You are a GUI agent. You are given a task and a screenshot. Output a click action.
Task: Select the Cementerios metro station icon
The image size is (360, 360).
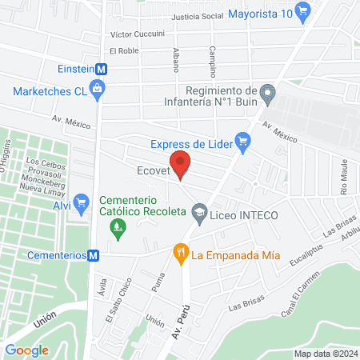coord(94,255)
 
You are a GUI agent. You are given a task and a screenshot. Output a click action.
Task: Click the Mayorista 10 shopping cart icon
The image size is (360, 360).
coord(302,11)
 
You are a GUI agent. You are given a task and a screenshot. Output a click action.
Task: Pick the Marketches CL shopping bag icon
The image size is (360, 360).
coord(98,90)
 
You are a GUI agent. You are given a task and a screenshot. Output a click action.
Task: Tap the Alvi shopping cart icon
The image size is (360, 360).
coord(80,203)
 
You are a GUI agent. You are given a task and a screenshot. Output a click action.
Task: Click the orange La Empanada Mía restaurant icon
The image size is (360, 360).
coord(182,254)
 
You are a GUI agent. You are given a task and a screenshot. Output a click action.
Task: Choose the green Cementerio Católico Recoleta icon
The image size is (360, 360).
coord(118,230)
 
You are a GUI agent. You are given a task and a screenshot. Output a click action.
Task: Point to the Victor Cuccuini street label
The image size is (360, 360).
coord(138,34)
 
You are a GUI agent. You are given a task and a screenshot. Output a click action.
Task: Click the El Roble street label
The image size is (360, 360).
coord(125,50)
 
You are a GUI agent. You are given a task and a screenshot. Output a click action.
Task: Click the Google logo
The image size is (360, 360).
coord(26,350)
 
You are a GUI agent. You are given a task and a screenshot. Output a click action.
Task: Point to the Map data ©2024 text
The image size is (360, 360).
coord(323,354)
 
